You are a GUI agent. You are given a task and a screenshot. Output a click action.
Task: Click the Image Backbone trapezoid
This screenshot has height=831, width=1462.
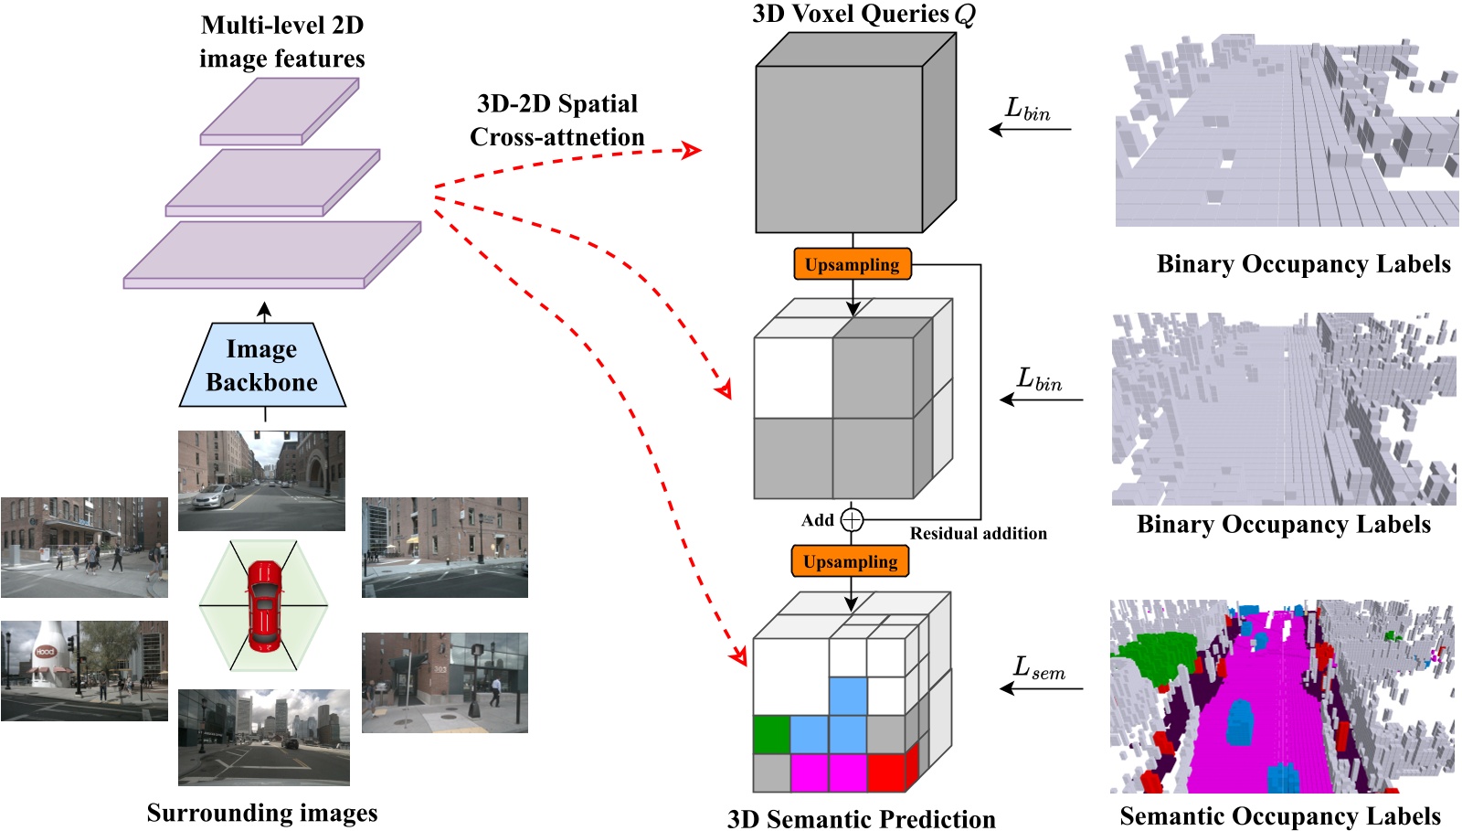pos(262,366)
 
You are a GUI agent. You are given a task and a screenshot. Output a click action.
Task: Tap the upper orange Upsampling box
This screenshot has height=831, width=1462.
pos(852,264)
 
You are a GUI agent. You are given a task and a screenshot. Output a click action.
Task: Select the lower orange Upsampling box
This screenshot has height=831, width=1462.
pos(850,561)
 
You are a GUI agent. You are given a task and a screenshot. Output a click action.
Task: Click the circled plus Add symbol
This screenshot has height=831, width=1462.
pos(852,520)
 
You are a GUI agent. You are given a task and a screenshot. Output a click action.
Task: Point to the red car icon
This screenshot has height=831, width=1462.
pos(263,605)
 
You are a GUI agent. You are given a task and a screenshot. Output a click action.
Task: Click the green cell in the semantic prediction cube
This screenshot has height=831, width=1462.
pos(771,734)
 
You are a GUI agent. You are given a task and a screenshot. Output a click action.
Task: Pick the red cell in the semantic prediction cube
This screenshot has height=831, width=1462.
pos(885,772)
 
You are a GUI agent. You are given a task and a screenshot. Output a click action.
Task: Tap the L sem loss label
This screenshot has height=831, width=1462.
pos(1039,669)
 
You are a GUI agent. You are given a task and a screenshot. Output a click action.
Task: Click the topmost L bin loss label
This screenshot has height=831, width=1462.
pos(1027,110)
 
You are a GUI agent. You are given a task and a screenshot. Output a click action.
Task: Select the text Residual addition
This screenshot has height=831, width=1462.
pos(978,534)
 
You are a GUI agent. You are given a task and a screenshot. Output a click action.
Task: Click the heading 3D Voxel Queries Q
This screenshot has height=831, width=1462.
pos(863,15)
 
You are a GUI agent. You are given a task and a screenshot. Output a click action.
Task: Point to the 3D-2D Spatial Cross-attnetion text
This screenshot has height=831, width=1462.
pos(556,120)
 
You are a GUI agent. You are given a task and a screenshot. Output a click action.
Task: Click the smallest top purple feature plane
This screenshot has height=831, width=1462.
pos(280,111)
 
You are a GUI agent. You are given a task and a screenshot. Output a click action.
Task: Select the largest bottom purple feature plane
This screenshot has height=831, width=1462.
pos(271,255)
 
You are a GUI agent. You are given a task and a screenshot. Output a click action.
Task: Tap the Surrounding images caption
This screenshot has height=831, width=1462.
pos(262,813)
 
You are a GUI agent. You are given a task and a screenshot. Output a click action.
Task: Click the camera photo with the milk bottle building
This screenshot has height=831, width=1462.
pos(84,671)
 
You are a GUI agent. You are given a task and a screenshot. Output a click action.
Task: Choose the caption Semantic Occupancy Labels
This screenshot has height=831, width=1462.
pos(1279,815)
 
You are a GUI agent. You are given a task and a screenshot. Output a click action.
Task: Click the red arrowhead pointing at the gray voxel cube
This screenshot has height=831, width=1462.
pos(693,150)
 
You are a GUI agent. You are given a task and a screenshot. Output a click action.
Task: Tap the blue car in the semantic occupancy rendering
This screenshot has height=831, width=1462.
pos(1240,721)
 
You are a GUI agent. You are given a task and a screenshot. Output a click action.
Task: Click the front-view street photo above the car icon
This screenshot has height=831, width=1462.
pos(262,481)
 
